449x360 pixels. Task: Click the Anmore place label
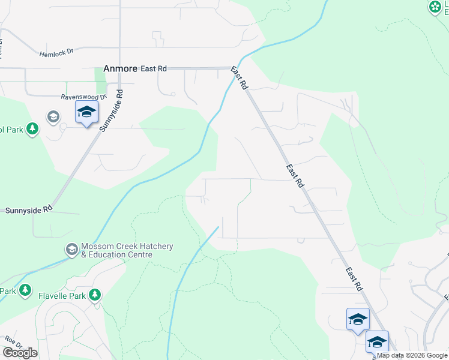[120, 69]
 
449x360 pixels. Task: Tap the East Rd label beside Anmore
[154, 69]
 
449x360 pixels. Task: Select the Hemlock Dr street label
[56, 52]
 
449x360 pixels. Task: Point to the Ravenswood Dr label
[83, 96]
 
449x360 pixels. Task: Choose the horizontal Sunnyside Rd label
[29, 210]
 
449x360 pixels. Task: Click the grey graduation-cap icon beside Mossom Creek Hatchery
[71, 249]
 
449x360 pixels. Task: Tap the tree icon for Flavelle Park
[94, 295]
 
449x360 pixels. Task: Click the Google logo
[20, 352]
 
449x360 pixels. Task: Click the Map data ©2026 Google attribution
[412, 355]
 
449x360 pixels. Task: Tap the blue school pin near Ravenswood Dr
[86, 112]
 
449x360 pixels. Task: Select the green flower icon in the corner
[435, 7]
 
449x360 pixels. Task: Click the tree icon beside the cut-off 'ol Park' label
[32, 128]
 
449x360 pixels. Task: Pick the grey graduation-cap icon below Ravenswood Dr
[53, 116]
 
